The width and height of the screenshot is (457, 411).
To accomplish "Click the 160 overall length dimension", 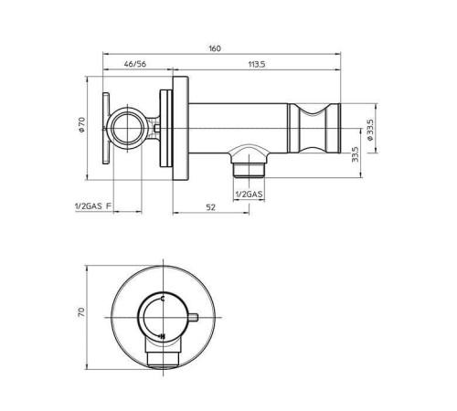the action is [x=215, y=48].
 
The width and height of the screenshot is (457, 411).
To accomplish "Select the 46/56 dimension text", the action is [x=135, y=64].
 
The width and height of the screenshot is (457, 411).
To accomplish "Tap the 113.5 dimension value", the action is [x=257, y=64].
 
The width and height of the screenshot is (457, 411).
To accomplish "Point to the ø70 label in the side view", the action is [x=81, y=125].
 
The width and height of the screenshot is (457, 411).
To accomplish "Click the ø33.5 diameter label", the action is [x=370, y=130].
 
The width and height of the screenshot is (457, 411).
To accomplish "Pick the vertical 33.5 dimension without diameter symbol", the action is [x=355, y=154].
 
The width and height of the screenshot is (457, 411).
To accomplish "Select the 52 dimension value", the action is [x=210, y=207].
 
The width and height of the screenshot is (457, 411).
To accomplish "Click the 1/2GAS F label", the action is [x=92, y=206].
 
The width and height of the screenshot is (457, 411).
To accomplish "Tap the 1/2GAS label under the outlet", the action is [x=249, y=194].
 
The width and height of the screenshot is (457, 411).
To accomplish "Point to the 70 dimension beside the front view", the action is [x=81, y=312].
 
